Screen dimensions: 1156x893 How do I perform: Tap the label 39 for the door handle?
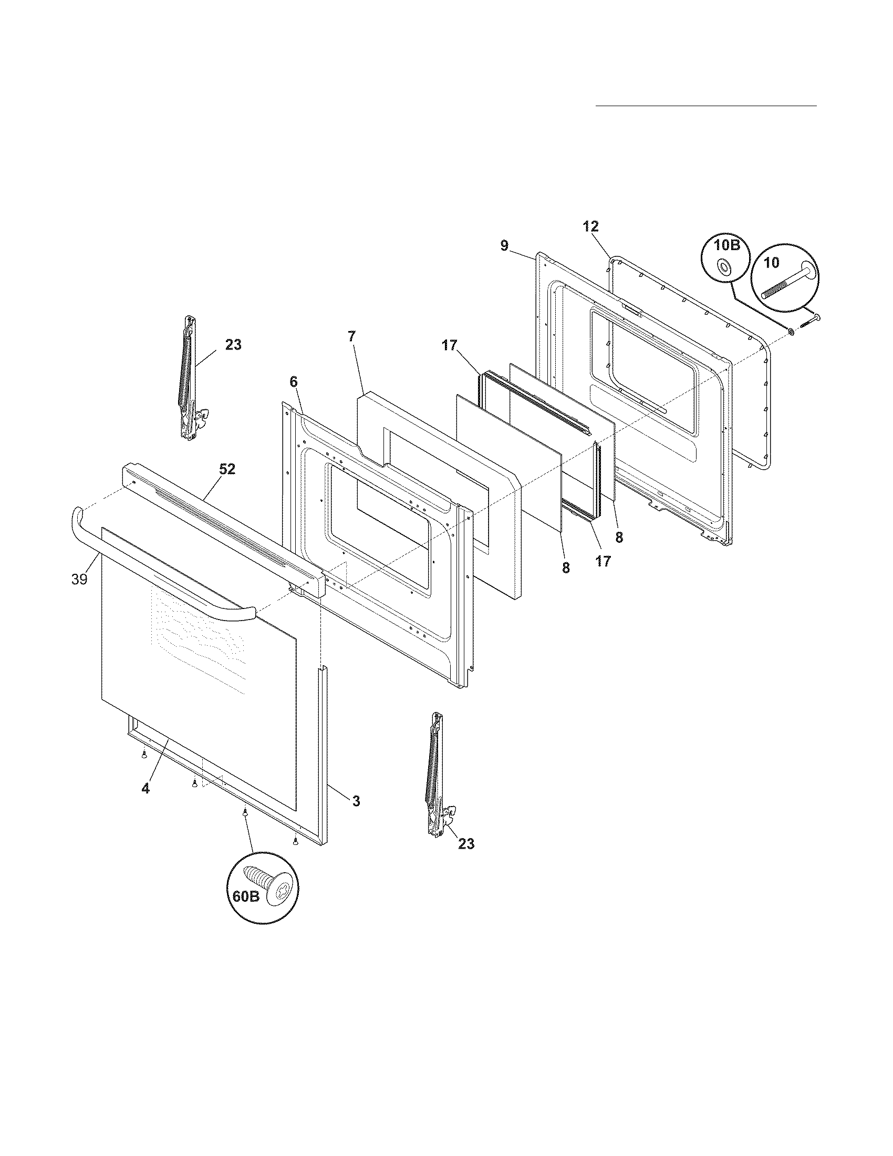pyautogui.click(x=79, y=580)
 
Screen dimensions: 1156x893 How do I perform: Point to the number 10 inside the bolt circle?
pyautogui.click(x=771, y=262)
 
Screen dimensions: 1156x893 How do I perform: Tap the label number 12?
pyautogui.click(x=591, y=226)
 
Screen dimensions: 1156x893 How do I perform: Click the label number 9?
pyautogui.click(x=504, y=245)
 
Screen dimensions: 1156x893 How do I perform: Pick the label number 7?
pyautogui.click(x=352, y=336)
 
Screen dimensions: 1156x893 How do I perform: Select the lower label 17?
pyautogui.click(x=603, y=561)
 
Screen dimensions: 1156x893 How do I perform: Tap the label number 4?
pyautogui.click(x=146, y=803)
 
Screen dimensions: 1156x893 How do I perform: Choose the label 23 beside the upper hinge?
pyautogui.click(x=233, y=345)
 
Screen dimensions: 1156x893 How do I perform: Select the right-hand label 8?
pyautogui.click(x=619, y=537)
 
